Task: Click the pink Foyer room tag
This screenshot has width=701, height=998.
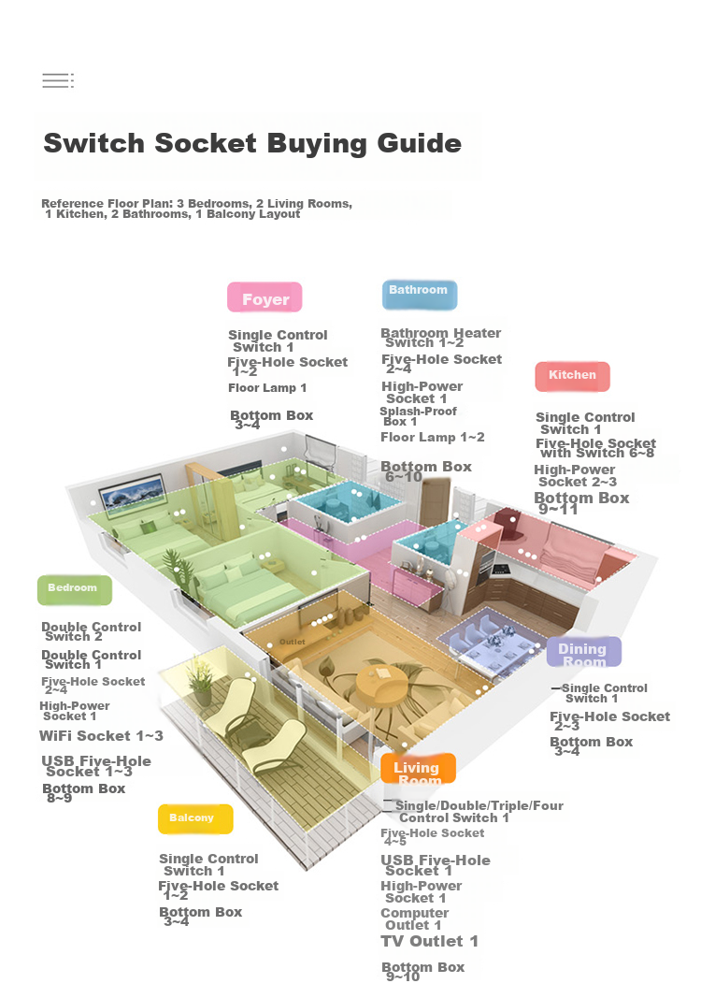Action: click(x=265, y=297)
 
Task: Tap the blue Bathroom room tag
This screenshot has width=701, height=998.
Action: click(x=420, y=294)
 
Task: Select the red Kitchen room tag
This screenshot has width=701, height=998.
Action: click(x=572, y=376)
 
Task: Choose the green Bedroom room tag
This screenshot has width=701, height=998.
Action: click(x=75, y=589)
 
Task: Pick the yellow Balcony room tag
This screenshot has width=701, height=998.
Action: click(x=195, y=818)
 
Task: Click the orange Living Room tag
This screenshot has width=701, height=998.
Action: click(x=418, y=769)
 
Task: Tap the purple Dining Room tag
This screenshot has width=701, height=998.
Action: click(x=583, y=652)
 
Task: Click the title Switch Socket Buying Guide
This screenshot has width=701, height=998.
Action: click(x=252, y=143)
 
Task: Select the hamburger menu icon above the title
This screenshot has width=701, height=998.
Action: click(x=58, y=80)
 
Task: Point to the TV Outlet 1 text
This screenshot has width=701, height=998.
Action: click(x=429, y=941)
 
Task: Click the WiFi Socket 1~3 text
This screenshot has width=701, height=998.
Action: click(x=101, y=736)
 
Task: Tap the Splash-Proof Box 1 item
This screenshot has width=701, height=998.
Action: click(x=418, y=416)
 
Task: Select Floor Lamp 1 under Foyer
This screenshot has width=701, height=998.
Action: click(x=267, y=387)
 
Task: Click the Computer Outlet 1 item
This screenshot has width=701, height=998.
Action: click(x=414, y=918)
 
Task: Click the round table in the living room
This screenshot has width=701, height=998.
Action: click(x=380, y=684)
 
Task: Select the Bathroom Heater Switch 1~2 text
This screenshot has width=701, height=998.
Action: click(x=440, y=338)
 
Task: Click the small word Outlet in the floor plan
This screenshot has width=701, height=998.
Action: click(x=292, y=642)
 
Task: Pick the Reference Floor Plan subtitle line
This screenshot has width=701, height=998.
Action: click(x=196, y=209)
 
